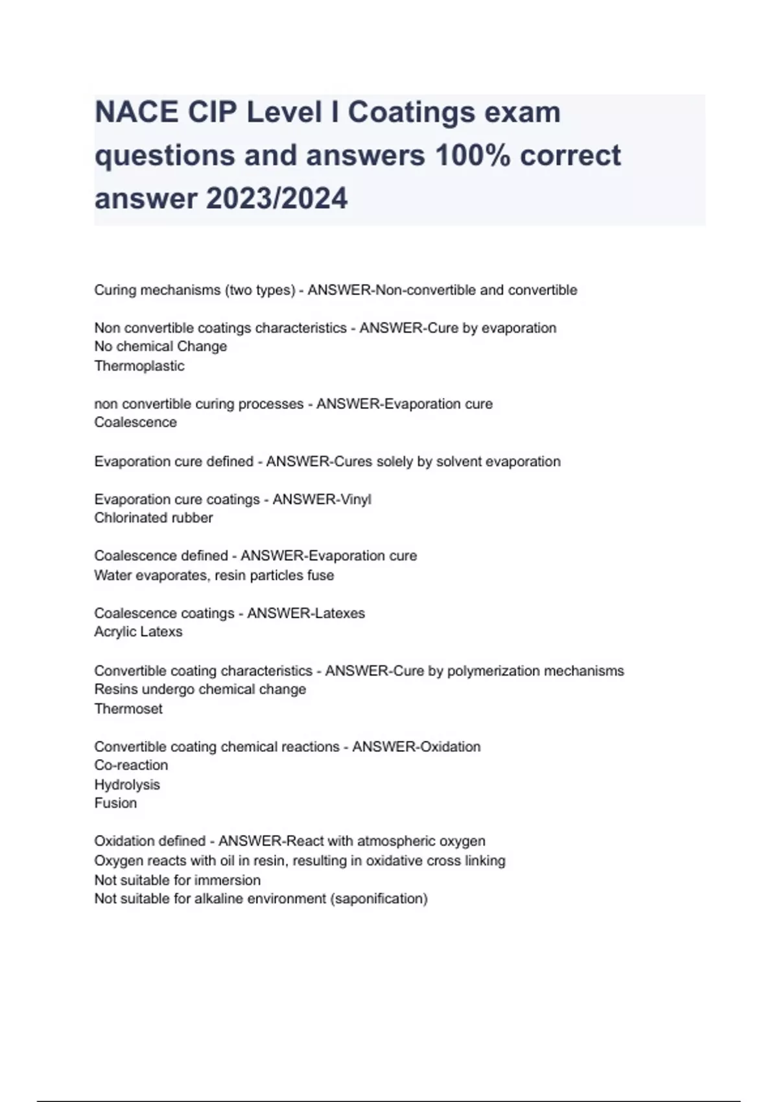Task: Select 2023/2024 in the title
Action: pos(277,198)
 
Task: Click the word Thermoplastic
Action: pos(139,366)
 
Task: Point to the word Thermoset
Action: pos(128,709)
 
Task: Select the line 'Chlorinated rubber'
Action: pos(154,518)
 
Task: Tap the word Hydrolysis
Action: pos(127,784)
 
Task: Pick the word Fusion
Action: pos(115,803)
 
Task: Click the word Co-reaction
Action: pos(131,765)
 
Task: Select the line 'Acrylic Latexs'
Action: pos(138,631)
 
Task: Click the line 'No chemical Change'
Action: pos(161,346)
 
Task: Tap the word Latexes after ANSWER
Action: pos(336,613)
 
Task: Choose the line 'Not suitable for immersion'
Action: pos(178,880)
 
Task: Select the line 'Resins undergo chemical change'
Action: pos(200,689)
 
